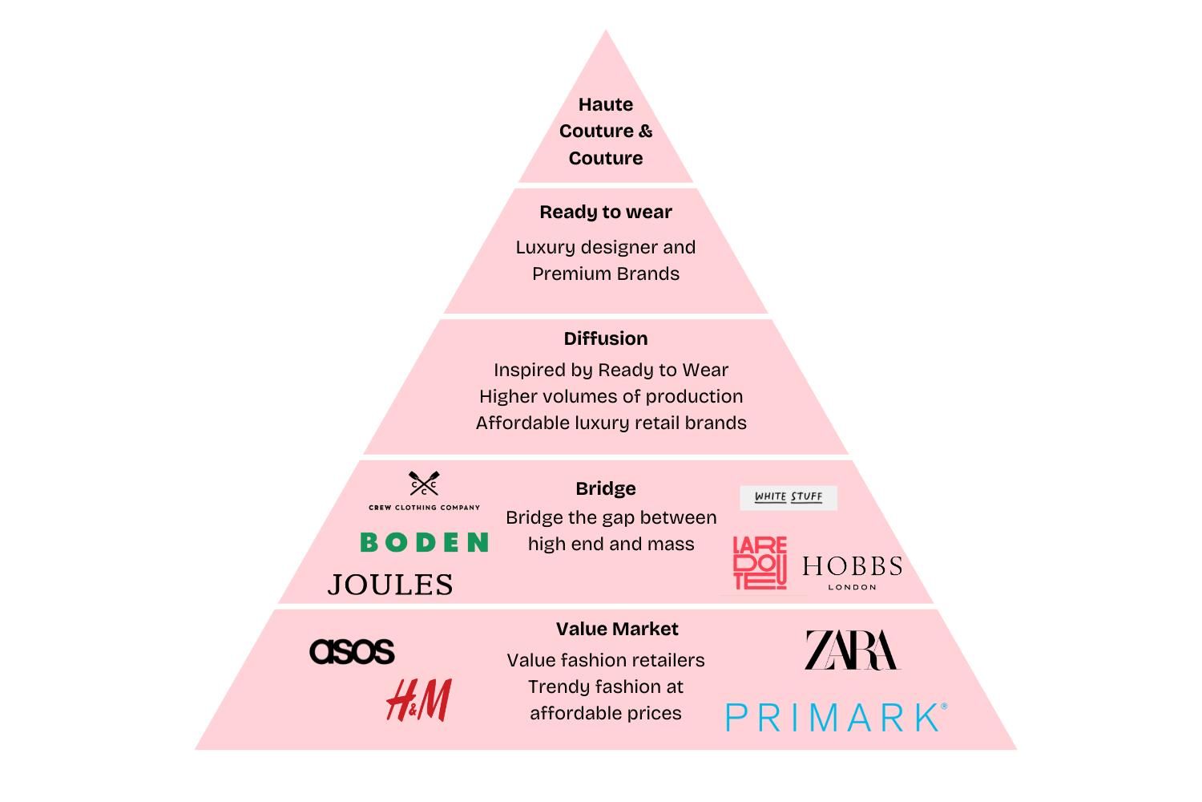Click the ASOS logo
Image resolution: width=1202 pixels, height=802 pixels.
click(352, 650)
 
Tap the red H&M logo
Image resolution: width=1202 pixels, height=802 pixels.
click(418, 699)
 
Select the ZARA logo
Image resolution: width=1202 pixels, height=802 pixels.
click(852, 650)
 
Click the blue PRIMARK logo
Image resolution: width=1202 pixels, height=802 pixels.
click(836, 717)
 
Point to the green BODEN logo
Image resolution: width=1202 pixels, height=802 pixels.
click(424, 543)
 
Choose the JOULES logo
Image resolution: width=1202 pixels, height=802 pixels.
click(390, 585)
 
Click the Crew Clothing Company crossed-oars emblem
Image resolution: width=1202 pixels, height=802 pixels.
click(424, 484)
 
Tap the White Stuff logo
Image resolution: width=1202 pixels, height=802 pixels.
click(789, 497)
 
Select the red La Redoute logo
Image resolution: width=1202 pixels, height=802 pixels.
click(760, 563)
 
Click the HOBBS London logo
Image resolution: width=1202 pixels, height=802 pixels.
click(852, 571)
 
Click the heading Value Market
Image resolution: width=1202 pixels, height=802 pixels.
click(617, 629)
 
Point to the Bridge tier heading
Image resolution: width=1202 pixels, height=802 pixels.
click(606, 488)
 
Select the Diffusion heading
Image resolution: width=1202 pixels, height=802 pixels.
click(606, 338)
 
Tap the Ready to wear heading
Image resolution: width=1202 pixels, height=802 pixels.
click(606, 212)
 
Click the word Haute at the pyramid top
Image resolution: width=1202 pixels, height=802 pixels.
click(606, 104)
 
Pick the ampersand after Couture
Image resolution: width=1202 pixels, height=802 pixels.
click(645, 132)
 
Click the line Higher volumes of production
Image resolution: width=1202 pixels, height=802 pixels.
click(611, 396)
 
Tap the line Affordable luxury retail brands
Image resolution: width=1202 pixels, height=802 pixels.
click(611, 423)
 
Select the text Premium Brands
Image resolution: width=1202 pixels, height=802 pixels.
click(606, 273)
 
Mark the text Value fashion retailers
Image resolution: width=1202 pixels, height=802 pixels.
click(606, 660)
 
